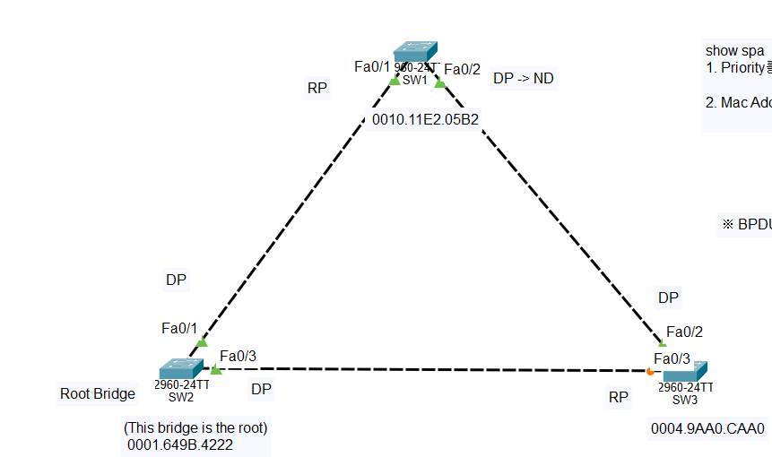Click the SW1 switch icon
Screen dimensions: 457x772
coord(415,52)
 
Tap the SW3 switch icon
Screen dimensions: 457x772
coord(686,372)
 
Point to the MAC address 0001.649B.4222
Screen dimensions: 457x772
coord(180,444)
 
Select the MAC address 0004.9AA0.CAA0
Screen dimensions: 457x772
coord(707,428)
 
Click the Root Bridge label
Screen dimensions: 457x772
coord(98,393)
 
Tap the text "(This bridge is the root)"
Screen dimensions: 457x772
coord(195,427)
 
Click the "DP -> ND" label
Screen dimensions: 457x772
coord(523,78)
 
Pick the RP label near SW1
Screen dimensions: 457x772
coord(317,88)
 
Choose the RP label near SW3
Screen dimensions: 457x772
coord(619,397)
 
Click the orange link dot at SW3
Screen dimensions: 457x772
coord(650,371)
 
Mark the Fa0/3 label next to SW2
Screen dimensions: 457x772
coord(238,356)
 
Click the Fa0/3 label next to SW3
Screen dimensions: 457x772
coord(672,358)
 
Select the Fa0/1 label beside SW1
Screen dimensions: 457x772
coord(372,66)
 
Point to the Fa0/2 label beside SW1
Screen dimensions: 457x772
coord(463,69)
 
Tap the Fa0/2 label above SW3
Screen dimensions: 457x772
coord(684,332)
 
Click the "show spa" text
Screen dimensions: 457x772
coord(735,50)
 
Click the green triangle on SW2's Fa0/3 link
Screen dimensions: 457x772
coord(215,369)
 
